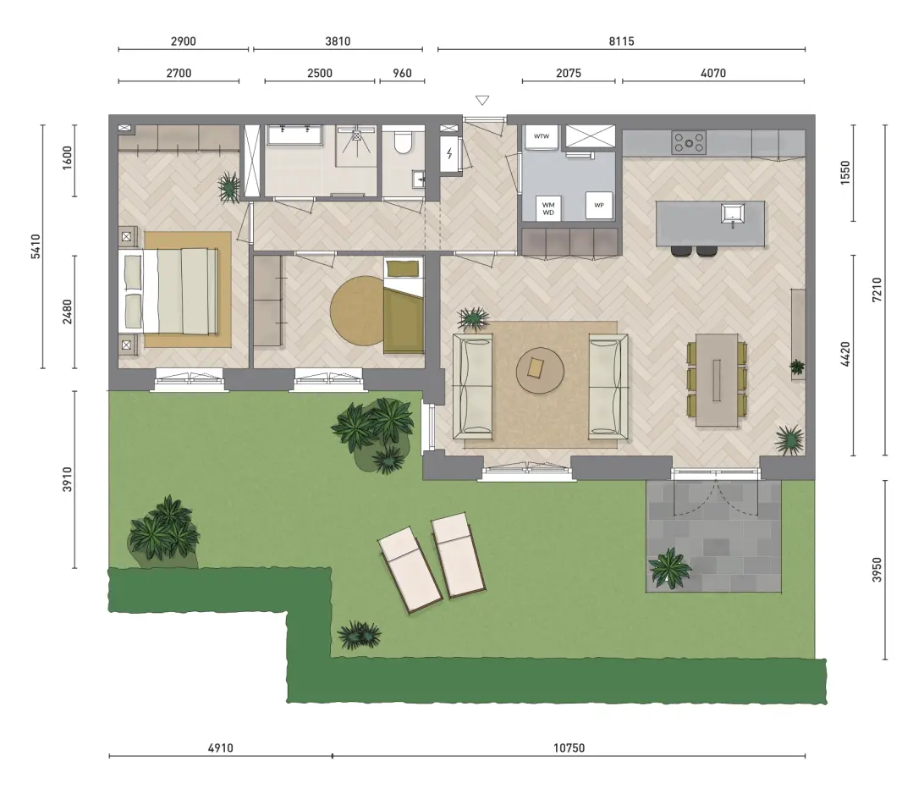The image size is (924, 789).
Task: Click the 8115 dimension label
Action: pyautogui.click(x=621, y=41)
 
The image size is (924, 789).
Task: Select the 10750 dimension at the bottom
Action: pyautogui.click(x=569, y=748)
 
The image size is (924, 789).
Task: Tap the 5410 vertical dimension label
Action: pyautogui.click(x=36, y=246)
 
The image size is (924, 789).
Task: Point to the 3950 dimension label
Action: pyautogui.click(x=877, y=570)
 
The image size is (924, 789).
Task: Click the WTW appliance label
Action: pyautogui.click(x=541, y=136)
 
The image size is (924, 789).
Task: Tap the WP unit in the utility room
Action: pyautogui.click(x=599, y=205)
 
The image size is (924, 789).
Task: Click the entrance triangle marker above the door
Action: pyautogui.click(x=482, y=100)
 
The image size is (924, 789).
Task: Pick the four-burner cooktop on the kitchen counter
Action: pyautogui.click(x=689, y=142)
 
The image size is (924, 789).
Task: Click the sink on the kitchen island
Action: pyautogui.click(x=733, y=212)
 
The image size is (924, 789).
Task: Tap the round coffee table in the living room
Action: pyautogui.click(x=540, y=370)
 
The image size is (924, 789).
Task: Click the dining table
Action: pyautogui.click(x=717, y=380)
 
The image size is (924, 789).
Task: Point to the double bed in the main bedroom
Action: pyautogui.click(x=168, y=290)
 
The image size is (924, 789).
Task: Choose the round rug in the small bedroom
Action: pyautogui.click(x=357, y=312)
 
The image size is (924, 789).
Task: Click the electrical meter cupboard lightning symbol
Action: pyautogui.click(x=449, y=154)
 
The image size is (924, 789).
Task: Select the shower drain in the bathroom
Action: pyautogui.click(x=356, y=135)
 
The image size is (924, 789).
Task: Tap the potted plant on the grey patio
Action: pyautogui.click(x=669, y=568)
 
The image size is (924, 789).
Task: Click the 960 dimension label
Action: pyautogui.click(x=402, y=73)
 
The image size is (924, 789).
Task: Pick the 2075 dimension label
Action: pyautogui.click(x=568, y=73)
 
